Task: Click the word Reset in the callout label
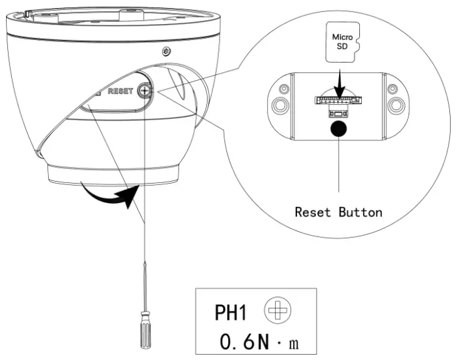click(x=315, y=212)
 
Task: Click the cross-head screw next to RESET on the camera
click(x=145, y=89)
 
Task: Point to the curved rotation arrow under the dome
click(x=110, y=196)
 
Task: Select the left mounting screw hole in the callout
click(x=278, y=104)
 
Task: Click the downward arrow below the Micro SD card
click(x=340, y=80)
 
